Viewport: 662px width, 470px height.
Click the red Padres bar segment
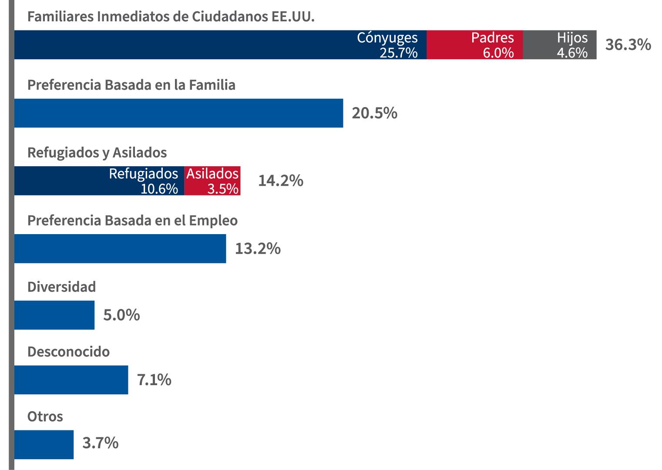pyautogui.click(x=474, y=45)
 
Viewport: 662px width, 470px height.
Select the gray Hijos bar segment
pyautogui.click(x=559, y=45)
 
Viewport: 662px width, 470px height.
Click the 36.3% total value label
pyautogui.click(x=628, y=44)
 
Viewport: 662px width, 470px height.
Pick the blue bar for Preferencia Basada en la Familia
pyautogui.click(x=178, y=113)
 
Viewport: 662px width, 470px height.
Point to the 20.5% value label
pyautogui.click(x=374, y=113)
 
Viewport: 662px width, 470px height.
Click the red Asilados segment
pyautogui.click(x=212, y=181)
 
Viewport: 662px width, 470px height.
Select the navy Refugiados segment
pyautogui.click(x=99, y=181)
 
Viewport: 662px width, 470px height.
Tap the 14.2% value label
pyautogui.click(x=281, y=181)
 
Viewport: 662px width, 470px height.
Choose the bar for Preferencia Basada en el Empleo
pyautogui.click(x=120, y=248)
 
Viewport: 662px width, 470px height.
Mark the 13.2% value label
pyautogui.click(x=258, y=248)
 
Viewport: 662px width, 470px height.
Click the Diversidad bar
pyautogui.click(x=54, y=315)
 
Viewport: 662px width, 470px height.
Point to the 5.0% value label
pyautogui.click(x=121, y=315)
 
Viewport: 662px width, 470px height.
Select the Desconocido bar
pyautogui.click(x=71, y=380)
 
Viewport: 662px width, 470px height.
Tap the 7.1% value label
pyautogui.click(x=154, y=380)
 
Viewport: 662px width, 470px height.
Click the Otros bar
pyautogui.click(x=44, y=444)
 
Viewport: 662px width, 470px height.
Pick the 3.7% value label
pyautogui.click(x=101, y=443)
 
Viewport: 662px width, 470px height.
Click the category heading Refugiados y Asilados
pyautogui.click(x=97, y=153)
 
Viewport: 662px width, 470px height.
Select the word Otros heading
pyautogui.click(x=45, y=416)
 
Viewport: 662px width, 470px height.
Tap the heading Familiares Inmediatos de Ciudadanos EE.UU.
pyautogui.click(x=171, y=17)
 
